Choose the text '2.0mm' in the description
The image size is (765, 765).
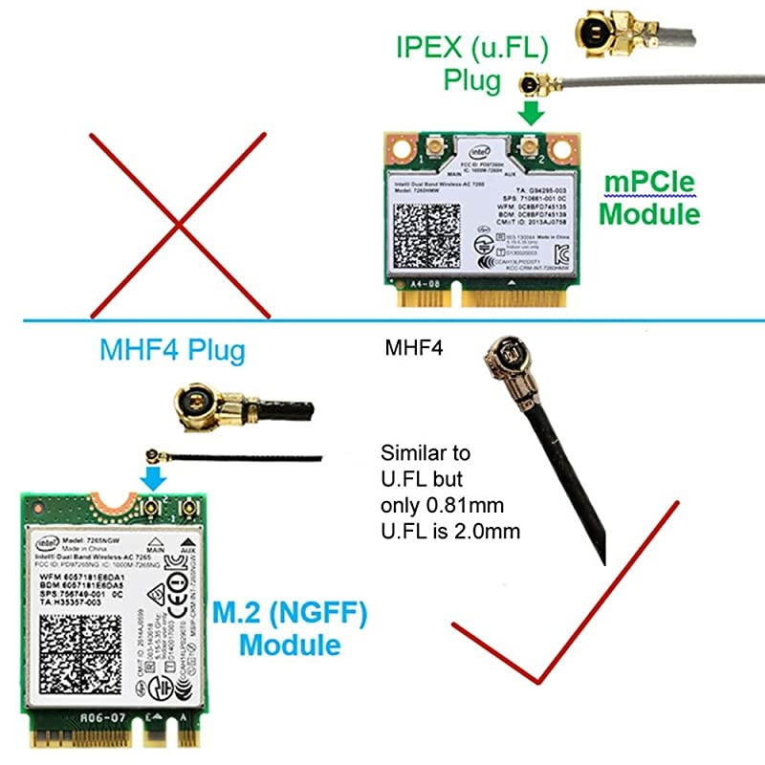(493, 529)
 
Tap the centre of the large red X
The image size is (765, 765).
(177, 226)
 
